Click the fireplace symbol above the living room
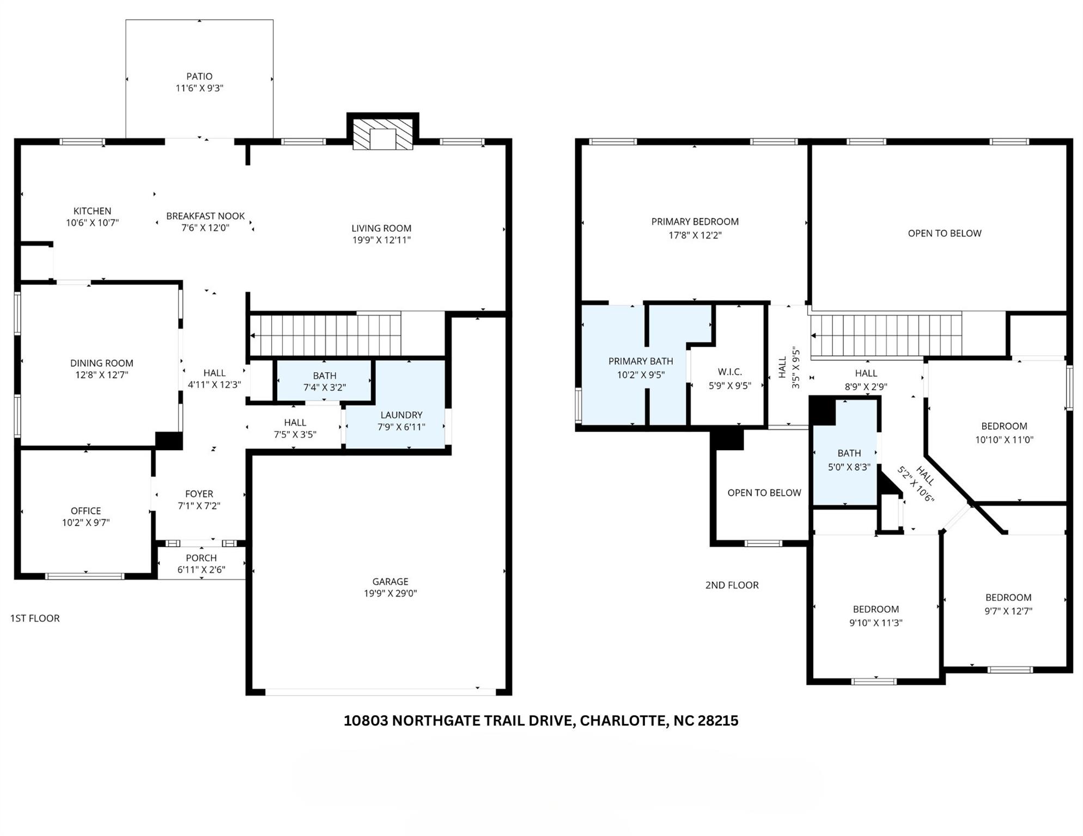(382, 134)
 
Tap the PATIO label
(199, 77)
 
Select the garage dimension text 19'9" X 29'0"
(390, 593)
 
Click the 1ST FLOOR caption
(35, 618)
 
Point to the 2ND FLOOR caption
(732, 585)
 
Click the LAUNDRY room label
(401, 415)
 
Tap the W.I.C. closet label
(729, 372)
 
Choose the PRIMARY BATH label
(640, 361)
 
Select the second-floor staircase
(886, 335)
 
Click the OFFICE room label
(86, 511)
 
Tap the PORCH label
(201, 558)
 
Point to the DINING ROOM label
(101, 363)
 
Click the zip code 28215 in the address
(718, 721)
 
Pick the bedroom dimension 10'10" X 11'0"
(1003, 440)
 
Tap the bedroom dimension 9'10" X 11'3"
(875, 623)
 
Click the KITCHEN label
(92, 211)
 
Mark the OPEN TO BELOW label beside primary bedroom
(944, 233)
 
